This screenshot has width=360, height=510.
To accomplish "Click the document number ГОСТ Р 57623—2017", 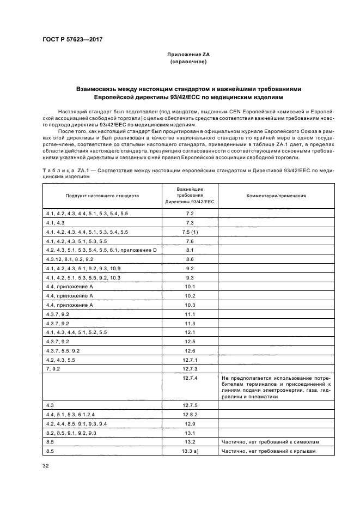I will click(x=72, y=40).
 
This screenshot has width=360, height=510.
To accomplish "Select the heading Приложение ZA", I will click(x=188, y=55).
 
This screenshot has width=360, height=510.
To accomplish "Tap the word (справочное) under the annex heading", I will click(x=188, y=62).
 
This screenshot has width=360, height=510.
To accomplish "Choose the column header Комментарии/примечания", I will click(x=276, y=195).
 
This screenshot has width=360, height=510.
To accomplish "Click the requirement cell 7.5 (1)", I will click(x=190, y=232).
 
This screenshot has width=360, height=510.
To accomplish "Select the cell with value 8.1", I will click(x=190, y=250).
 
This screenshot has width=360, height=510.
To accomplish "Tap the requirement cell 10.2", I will click(x=190, y=295).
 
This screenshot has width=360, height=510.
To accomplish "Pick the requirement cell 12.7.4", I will click(x=190, y=378).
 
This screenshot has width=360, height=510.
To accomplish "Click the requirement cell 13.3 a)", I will click(x=190, y=451).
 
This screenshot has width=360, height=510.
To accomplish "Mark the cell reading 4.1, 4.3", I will click(x=56, y=223).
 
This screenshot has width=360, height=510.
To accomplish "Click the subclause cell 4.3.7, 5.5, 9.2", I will click(x=64, y=350).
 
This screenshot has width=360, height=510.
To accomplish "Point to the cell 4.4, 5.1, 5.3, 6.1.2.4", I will click(x=71, y=414).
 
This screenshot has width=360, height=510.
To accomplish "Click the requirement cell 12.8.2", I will click(x=190, y=414).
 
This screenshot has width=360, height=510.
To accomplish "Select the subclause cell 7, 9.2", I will click(x=54, y=368).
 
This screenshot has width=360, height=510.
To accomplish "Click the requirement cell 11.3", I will click(x=190, y=323).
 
